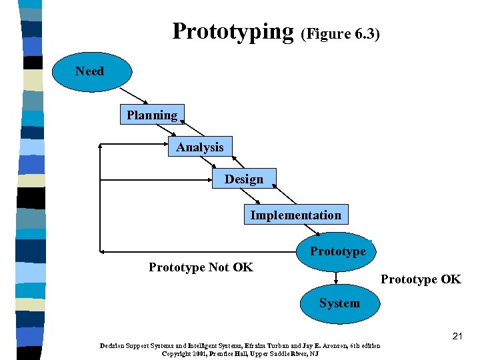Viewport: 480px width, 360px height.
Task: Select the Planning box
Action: click(x=153, y=115)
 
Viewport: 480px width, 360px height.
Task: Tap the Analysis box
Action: click(x=200, y=147)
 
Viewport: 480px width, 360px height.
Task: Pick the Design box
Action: click(x=244, y=179)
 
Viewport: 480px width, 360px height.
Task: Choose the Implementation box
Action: click(x=296, y=215)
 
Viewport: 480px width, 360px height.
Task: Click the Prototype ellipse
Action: click(x=336, y=251)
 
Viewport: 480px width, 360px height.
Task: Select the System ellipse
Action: click(x=339, y=303)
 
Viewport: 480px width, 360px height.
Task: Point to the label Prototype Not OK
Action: click(x=201, y=267)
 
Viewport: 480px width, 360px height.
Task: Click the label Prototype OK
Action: click(x=421, y=279)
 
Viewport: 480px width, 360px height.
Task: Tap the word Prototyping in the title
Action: click(x=233, y=31)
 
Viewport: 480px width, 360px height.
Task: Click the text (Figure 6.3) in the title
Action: click(x=341, y=34)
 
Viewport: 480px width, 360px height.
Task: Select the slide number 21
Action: click(x=457, y=337)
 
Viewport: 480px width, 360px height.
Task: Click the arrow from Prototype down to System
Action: click(x=337, y=278)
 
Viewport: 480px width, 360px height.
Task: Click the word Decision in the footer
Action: click(x=115, y=345)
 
